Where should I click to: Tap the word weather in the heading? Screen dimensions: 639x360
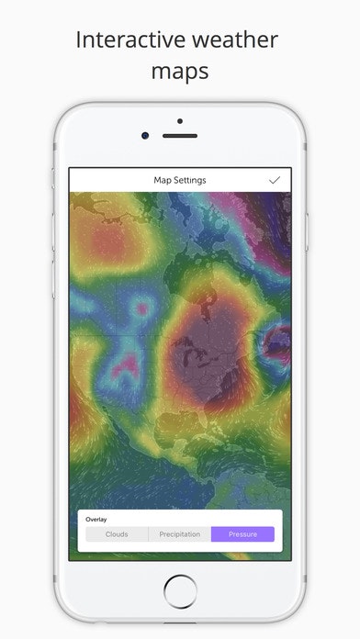click(x=233, y=40)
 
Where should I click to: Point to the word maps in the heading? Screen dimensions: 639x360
click(x=180, y=70)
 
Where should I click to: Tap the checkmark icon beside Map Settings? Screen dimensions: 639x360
click(x=275, y=180)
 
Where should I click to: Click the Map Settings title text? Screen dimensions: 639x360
click(x=180, y=180)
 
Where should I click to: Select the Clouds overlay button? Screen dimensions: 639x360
click(x=117, y=533)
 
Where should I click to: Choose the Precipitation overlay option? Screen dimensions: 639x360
click(x=180, y=533)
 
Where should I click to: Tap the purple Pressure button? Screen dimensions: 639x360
click(x=242, y=533)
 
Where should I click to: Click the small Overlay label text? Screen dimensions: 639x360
click(x=96, y=519)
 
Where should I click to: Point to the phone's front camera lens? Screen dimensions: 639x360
click(x=145, y=136)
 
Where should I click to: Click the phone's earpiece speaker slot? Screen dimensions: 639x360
click(x=180, y=136)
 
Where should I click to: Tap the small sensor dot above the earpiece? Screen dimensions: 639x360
click(x=180, y=120)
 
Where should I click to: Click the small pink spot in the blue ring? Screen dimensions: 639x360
click(x=141, y=308)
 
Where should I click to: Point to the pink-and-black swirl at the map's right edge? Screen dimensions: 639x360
click(x=275, y=345)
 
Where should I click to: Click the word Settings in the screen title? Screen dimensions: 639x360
click(x=193, y=180)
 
